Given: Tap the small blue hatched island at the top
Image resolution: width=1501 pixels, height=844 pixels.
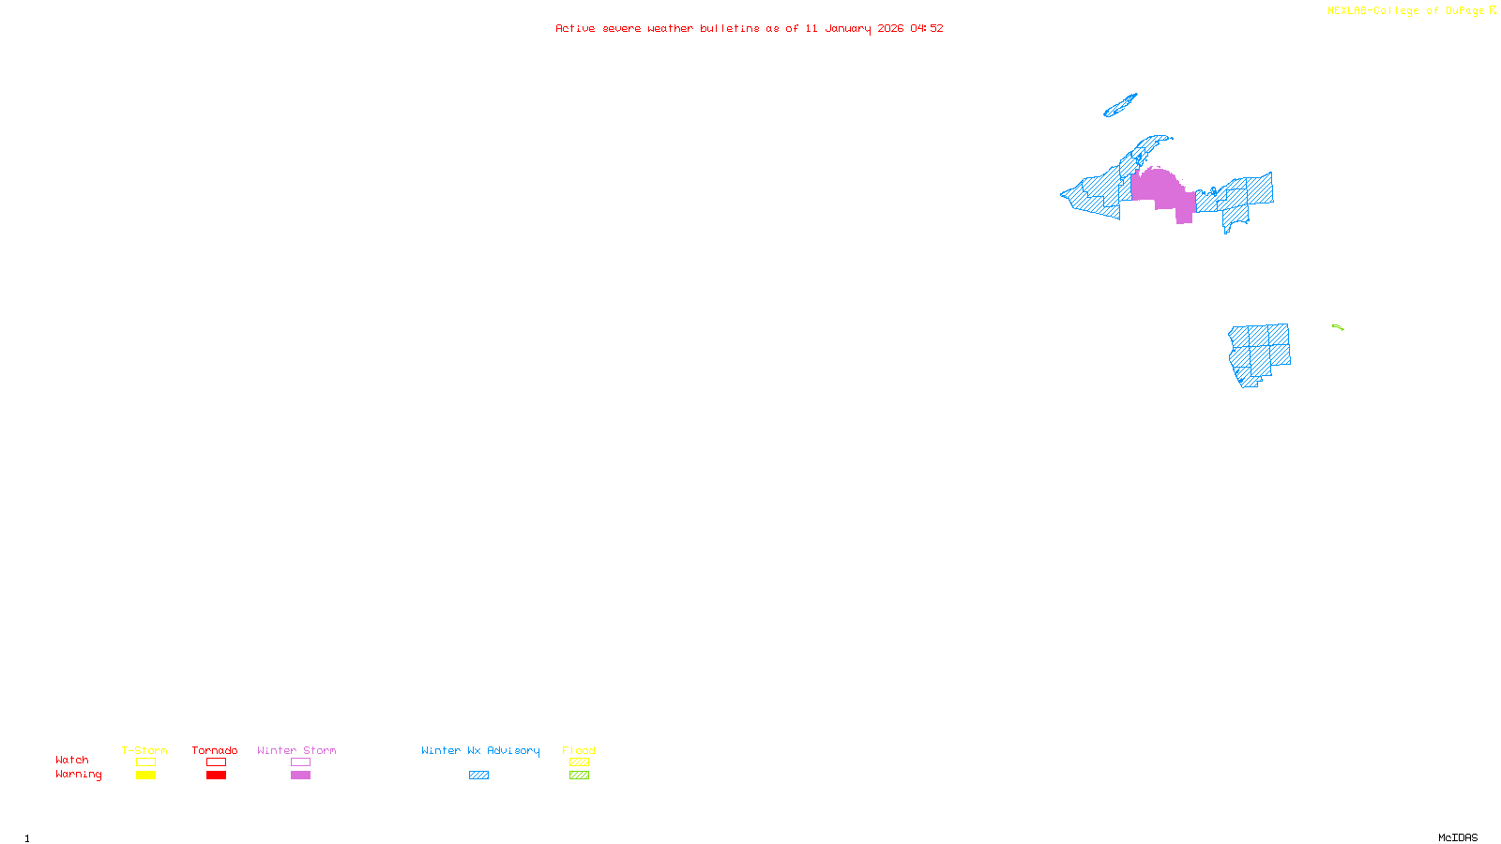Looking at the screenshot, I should coord(1120,106).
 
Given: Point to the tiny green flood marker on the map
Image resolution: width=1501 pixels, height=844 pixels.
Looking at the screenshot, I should coord(1338,327).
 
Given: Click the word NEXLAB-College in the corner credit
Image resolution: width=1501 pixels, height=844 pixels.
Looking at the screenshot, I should coord(1372,11).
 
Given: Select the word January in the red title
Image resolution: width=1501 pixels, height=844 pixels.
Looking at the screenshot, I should coord(847,28).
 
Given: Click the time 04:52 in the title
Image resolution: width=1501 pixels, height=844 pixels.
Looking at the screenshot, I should coord(926,28).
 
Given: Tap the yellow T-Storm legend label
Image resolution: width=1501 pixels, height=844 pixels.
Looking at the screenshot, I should coord(144,750).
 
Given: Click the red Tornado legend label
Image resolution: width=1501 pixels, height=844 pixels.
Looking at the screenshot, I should coord(215,750).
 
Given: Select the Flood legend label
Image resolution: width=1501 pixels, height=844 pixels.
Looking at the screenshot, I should coord(579,750).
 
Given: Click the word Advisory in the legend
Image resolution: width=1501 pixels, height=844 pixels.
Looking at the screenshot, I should coord(513,750).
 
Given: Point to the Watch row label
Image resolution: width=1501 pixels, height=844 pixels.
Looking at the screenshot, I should coord(72,760).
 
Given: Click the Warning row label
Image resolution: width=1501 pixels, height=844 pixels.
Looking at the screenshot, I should coord(79,775).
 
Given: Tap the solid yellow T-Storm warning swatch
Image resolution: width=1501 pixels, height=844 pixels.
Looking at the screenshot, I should coord(145,776).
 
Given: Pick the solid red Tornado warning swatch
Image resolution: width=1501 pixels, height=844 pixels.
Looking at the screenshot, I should coord(216,776).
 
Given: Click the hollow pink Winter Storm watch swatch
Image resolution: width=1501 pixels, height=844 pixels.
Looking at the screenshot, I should coord(300,762).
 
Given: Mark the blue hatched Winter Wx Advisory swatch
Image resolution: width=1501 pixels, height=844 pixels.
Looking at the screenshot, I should coord(478,776).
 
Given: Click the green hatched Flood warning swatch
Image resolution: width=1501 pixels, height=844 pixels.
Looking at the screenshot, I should coord(579,776).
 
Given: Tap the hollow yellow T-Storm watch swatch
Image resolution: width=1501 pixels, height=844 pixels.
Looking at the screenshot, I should coord(145,762).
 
